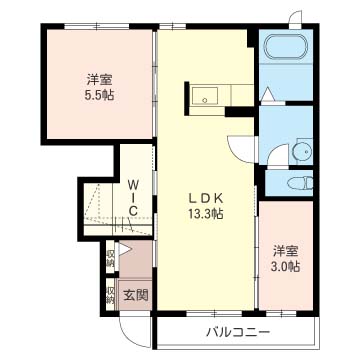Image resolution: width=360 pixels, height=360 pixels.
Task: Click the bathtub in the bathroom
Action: tap(286, 46)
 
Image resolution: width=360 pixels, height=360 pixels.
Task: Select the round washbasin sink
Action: tap(303, 152)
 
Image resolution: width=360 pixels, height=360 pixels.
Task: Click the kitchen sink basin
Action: tap(205, 96)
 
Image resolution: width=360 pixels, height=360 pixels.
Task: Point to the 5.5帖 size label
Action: tap(98, 96)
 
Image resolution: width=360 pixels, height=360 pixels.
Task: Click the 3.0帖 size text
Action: tap(285, 267)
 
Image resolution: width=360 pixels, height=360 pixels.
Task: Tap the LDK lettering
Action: tap(205, 198)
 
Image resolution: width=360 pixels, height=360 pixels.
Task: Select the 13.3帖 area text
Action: tap(206, 213)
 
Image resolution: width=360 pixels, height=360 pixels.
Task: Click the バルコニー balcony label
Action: tap(237, 333)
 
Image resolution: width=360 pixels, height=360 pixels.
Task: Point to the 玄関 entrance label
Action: tap(136, 295)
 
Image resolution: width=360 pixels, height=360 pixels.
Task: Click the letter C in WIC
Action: tap(133, 210)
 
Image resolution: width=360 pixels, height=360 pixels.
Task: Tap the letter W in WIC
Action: tap(133, 184)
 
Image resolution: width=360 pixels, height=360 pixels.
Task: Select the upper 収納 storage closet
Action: tap(110, 258)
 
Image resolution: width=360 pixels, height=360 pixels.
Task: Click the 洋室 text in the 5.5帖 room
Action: tap(99, 80)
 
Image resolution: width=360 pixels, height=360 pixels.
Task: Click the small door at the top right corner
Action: tap(295, 19)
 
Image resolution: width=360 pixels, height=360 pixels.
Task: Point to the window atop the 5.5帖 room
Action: tap(97, 26)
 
